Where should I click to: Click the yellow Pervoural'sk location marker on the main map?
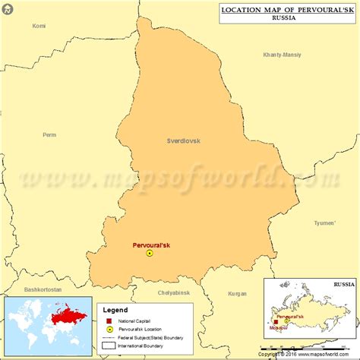click(x=150, y=254)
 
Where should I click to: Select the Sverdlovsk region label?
click(x=183, y=141)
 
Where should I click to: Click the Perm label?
click(x=49, y=135)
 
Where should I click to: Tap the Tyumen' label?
click(x=324, y=223)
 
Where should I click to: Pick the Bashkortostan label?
click(x=43, y=289)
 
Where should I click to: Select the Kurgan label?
click(x=237, y=292)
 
